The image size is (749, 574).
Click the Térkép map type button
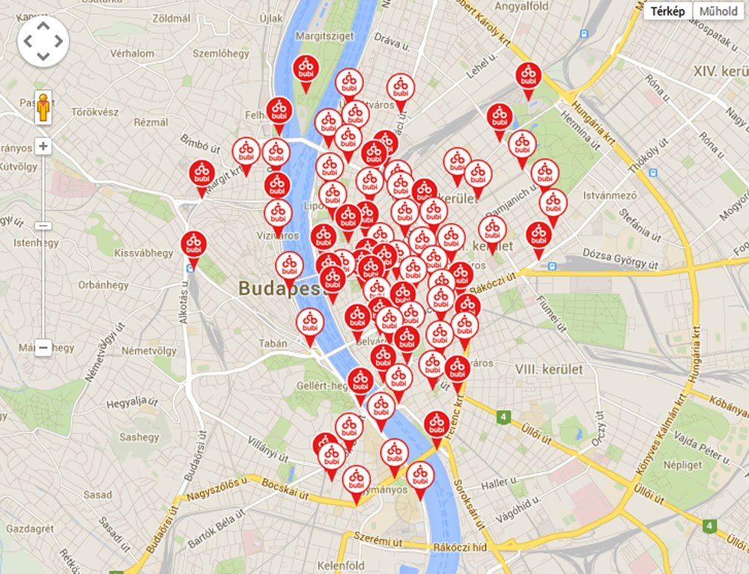tap(668, 11)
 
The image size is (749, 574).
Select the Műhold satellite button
tap(718, 11)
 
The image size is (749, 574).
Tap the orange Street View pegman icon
tap(43, 109)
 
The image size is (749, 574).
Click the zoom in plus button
tap(43, 147)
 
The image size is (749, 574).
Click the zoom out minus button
tap(43, 347)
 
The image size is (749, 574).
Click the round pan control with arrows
tap(43, 42)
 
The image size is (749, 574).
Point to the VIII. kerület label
tap(548, 369)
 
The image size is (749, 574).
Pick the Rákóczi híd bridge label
tap(460, 547)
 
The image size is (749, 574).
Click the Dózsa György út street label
tap(619, 264)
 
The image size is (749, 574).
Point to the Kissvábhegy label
tap(143, 253)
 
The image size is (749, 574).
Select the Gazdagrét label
tap(29, 528)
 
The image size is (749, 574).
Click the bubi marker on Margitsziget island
tap(305, 70)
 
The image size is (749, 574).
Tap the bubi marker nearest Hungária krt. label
tap(528, 77)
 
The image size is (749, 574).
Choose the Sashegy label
tap(139, 437)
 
